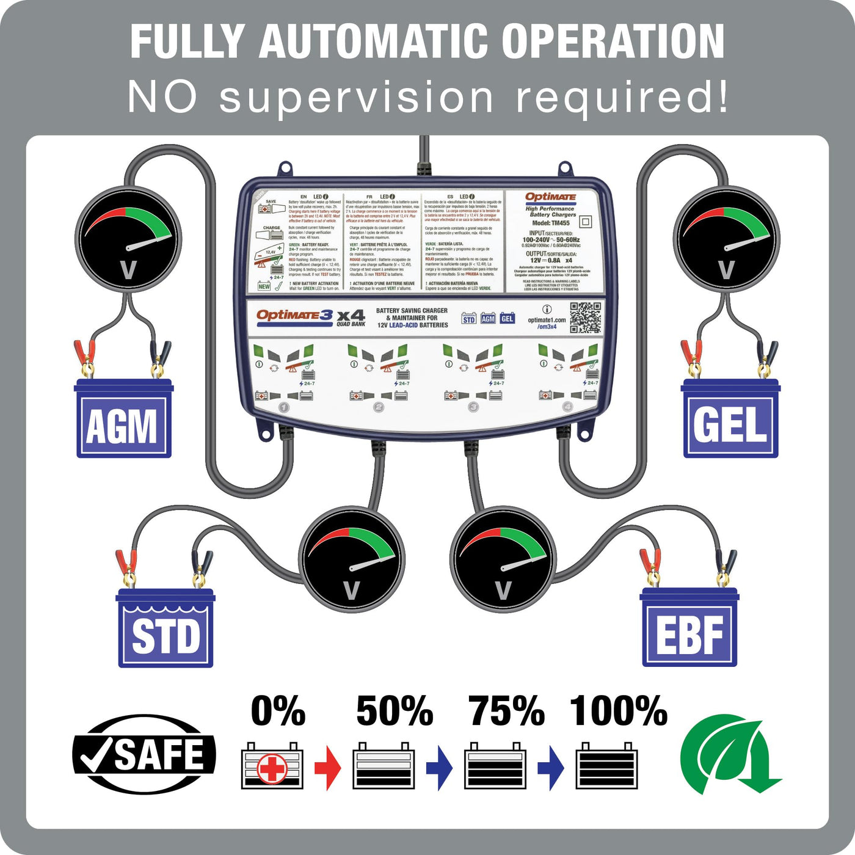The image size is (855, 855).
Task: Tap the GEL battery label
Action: [x=730, y=425]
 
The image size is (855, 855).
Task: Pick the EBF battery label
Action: [x=689, y=635]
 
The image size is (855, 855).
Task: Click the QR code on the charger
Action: [x=585, y=318]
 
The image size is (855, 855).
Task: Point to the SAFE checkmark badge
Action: [x=144, y=754]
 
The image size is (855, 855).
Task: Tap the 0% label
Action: [x=278, y=711]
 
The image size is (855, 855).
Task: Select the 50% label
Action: [x=395, y=711]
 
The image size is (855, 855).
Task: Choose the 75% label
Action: [x=507, y=711]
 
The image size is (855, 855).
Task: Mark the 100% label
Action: [x=619, y=711]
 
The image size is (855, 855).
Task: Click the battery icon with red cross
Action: [x=272, y=766]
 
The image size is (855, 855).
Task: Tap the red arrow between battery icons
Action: [x=328, y=767]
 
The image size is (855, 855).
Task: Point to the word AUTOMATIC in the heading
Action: [x=374, y=42]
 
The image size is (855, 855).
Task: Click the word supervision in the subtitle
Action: [x=356, y=98]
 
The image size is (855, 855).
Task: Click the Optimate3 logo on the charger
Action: [x=295, y=315]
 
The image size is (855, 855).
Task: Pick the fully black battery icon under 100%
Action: [x=607, y=766]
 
